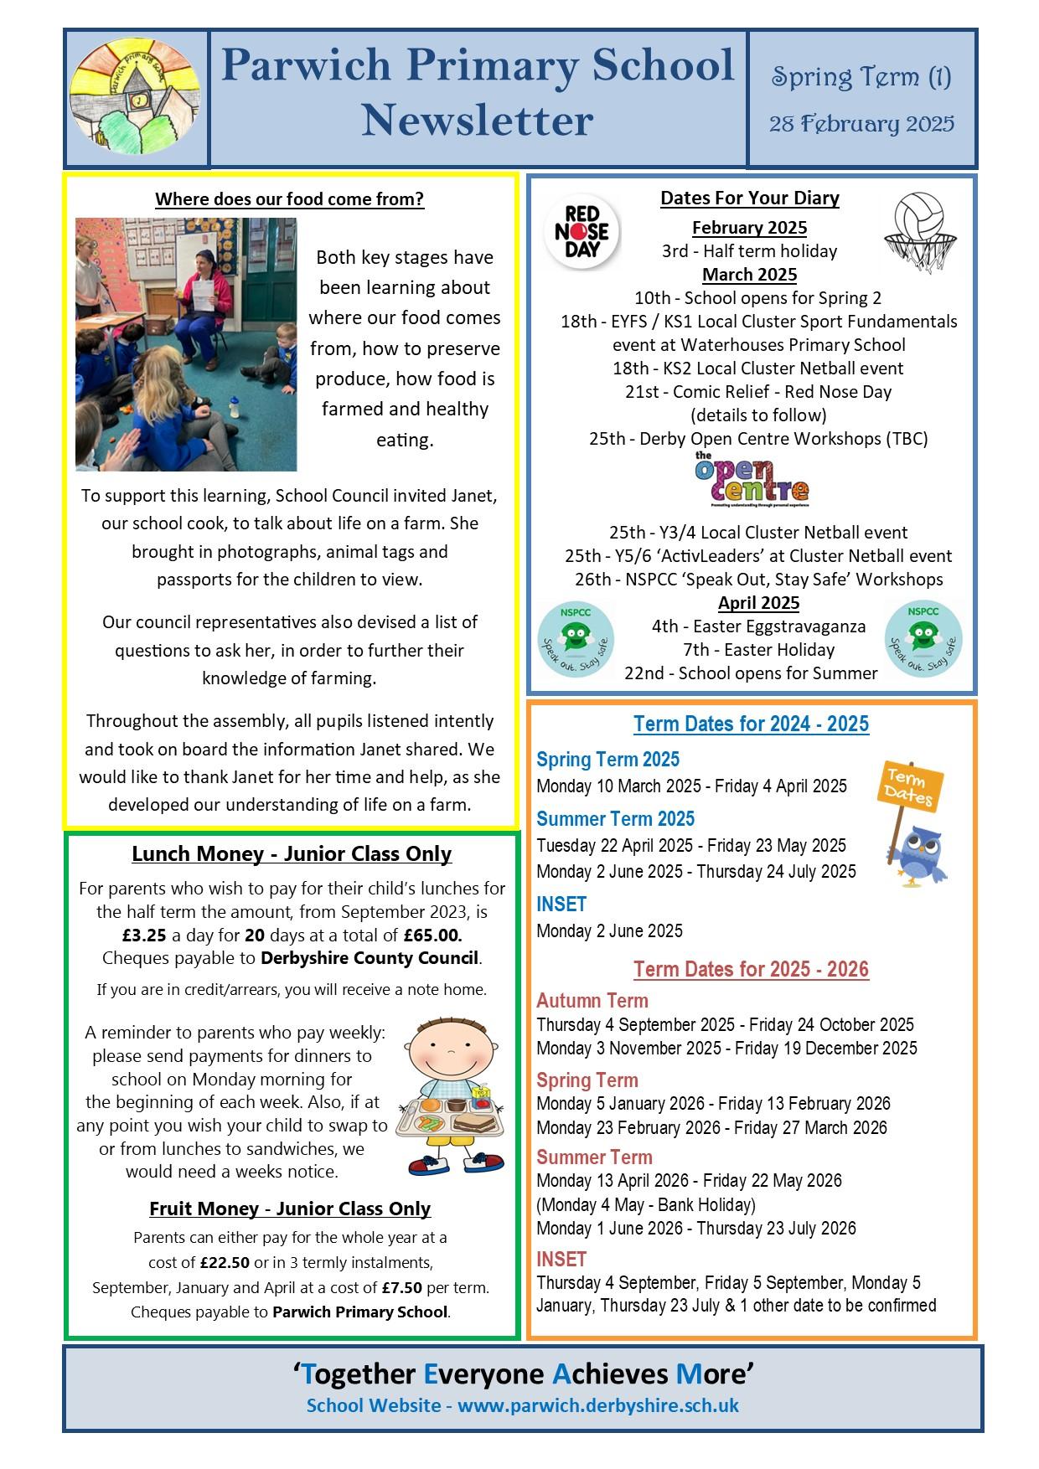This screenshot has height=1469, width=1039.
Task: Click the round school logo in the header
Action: pyautogui.click(x=136, y=99)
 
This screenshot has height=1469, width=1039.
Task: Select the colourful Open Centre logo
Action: pyautogui.click(x=752, y=481)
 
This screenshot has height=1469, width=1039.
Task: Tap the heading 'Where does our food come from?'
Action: pyautogui.click(x=290, y=199)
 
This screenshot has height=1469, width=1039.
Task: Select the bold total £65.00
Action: pyautogui.click(x=432, y=935)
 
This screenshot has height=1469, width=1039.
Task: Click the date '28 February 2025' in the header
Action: pyautogui.click(x=861, y=125)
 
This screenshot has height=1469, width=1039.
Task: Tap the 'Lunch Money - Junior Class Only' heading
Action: pyautogui.click(x=292, y=854)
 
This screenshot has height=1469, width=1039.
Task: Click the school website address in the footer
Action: pyautogui.click(x=597, y=1405)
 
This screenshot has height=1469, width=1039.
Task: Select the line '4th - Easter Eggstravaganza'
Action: pyautogui.click(x=758, y=626)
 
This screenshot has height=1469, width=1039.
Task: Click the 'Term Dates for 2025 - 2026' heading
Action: pyautogui.click(x=751, y=969)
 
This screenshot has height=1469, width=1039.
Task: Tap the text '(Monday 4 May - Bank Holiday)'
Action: pyautogui.click(x=646, y=1204)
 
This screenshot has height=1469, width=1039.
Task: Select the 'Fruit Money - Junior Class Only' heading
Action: pyautogui.click(x=290, y=1209)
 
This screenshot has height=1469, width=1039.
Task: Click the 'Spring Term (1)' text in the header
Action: pyautogui.click(x=861, y=78)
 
